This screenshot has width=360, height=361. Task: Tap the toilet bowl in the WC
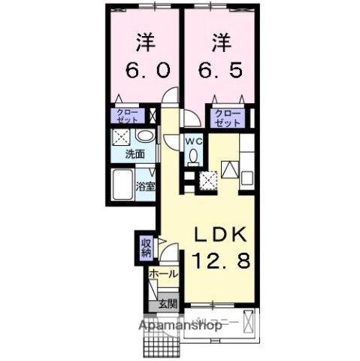(195, 158)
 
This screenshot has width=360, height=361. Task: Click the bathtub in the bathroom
(123, 185)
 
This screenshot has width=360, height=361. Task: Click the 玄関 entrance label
(167, 304)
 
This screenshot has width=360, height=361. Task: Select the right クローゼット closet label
(225, 119)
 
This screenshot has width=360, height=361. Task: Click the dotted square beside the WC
(207, 177)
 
